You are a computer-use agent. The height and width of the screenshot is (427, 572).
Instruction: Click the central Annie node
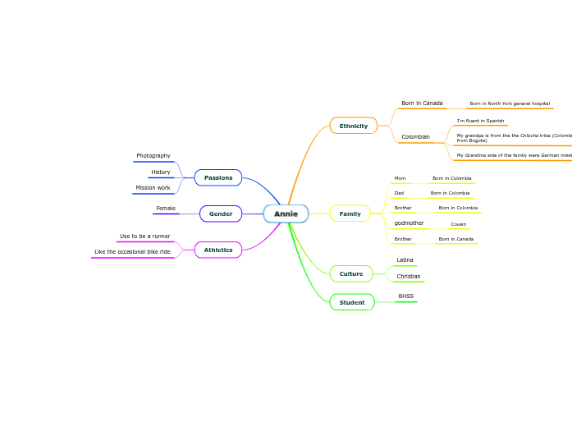[286, 214]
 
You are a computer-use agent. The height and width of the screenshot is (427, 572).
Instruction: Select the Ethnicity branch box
[354, 126]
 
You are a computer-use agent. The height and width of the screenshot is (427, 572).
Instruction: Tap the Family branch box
[350, 214]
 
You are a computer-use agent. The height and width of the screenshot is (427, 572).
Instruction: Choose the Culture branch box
[351, 273]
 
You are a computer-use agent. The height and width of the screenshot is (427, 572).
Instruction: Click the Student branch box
[352, 303]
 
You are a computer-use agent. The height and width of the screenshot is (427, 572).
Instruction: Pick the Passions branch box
[218, 178]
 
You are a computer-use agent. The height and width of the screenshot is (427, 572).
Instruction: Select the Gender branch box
[221, 214]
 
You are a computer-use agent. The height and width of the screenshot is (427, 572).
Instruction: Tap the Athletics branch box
[218, 250]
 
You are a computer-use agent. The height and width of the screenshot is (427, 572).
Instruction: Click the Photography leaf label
[153, 156]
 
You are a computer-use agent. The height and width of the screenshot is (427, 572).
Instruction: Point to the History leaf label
[161, 172]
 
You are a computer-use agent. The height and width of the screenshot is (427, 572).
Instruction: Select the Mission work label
[153, 188]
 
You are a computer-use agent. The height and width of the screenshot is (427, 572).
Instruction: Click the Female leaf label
[166, 209]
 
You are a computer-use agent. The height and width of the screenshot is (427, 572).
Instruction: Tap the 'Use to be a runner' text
[145, 236]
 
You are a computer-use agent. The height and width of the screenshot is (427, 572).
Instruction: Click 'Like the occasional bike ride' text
[132, 252]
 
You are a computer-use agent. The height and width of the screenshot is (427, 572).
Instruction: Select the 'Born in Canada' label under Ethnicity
[422, 103]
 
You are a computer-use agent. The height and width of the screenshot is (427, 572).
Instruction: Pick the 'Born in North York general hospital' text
[510, 104]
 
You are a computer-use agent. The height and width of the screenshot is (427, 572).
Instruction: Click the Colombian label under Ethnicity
[415, 137]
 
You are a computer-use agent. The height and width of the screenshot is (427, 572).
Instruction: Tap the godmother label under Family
[410, 223]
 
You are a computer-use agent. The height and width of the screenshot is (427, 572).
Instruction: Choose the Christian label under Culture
[409, 277]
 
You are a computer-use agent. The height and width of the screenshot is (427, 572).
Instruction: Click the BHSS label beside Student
[406, 296]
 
